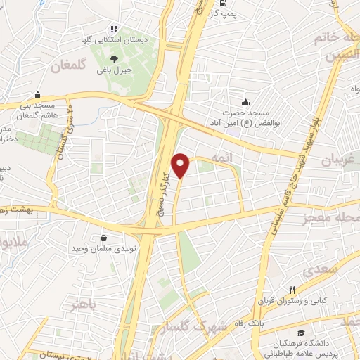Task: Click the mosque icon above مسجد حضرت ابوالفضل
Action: point(245,101)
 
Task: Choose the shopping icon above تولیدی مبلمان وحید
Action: point(105,238)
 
